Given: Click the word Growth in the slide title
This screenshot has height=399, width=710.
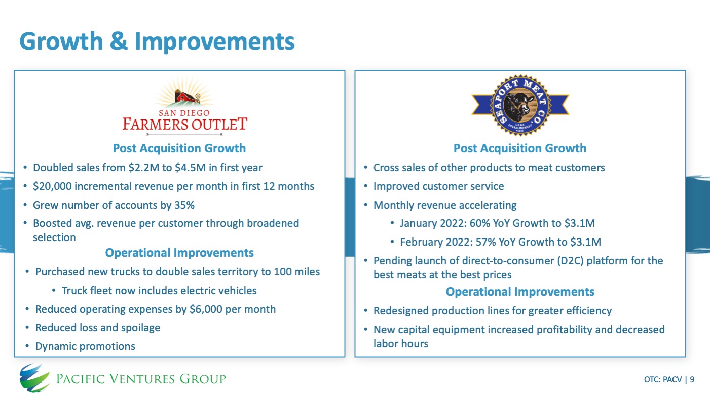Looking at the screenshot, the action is click(61, 42).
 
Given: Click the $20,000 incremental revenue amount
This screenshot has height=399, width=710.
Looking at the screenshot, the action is click(52, 186).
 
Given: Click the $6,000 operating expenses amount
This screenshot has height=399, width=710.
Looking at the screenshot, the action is click(206, 309).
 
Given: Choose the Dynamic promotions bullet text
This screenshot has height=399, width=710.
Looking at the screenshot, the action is click(85, 346).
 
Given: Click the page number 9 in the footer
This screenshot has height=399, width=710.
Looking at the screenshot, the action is click(692, 379).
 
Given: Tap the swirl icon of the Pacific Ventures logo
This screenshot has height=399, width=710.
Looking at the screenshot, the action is click(34, 378).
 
